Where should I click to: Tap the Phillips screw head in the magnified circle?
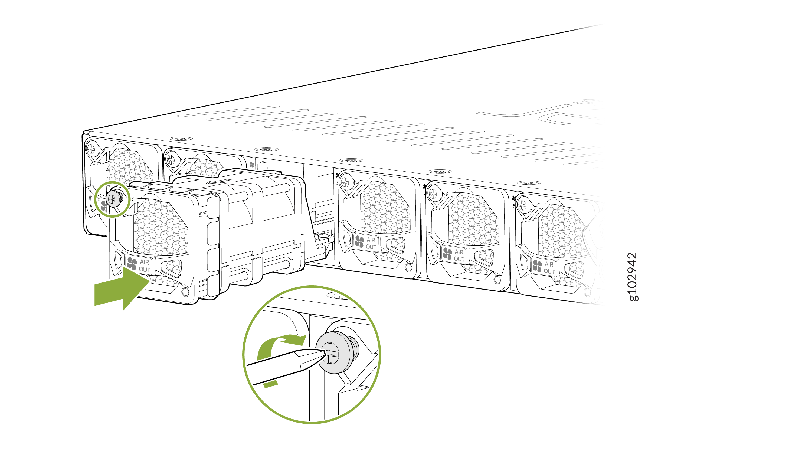(x=331, y=353)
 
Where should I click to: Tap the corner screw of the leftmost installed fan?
(x=91, y=149)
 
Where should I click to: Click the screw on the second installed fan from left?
(x=171, y=160)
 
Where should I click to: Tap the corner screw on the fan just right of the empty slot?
(x=345, y=182)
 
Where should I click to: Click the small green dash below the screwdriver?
(x=270, y=384)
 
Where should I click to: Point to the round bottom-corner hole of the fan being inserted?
(x=185, y=292)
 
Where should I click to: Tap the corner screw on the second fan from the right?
(x=433, y=194)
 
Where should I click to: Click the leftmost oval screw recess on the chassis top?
(x=181, y=139)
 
